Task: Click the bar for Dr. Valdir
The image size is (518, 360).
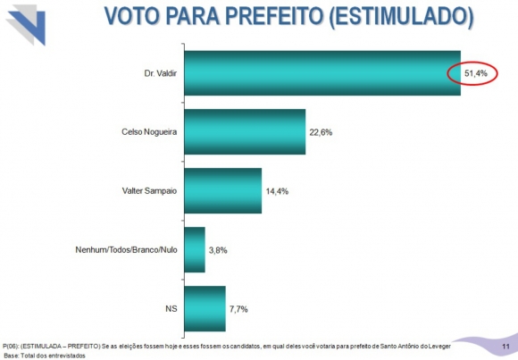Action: (322, 73)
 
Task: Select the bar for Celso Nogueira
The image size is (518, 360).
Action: (244, 132)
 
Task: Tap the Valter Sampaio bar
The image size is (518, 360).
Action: (221, 191)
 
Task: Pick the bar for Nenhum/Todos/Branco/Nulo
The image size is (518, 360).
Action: (194, 250)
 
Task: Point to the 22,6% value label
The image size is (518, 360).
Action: (322, 132)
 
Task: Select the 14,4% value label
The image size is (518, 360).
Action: (277, 191)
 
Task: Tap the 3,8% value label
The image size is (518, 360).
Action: (218, 250)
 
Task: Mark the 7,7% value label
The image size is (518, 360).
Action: (238, 309)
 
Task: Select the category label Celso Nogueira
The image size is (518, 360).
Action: (148, 133)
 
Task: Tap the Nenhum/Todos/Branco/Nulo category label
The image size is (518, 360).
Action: (126, 251)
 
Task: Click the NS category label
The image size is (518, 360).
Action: (170, 309)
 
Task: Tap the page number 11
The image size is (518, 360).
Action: (505, 346)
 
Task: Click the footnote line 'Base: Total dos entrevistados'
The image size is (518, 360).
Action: (44, 355)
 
